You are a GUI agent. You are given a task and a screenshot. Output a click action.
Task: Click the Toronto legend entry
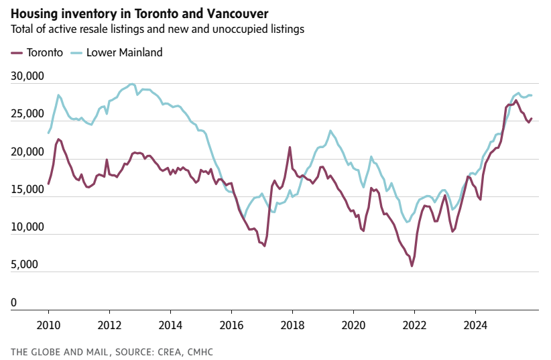click(44, 52)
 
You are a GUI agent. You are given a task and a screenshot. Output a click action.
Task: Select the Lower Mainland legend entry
click(124, 52)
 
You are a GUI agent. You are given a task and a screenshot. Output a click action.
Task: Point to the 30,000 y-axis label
click(27, 76)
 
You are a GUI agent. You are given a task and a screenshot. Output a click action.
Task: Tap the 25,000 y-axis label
click(27, 114)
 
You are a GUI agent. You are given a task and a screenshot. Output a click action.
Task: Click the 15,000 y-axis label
click(27, 190)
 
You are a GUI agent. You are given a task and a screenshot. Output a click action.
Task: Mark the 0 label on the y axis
click(14, 303)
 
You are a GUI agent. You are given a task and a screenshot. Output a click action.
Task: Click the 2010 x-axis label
click(48, 324)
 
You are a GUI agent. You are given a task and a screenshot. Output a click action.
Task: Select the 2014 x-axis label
click(170, 324)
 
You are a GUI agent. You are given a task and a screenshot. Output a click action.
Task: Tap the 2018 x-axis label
click(292, 324)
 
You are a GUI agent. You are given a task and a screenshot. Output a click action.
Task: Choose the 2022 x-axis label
click(414, 324)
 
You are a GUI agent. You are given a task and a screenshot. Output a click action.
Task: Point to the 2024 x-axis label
click(475, 324)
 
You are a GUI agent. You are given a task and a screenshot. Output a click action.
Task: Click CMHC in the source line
click(199, 351)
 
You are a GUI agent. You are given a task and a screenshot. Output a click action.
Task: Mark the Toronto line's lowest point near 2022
click(412, 266)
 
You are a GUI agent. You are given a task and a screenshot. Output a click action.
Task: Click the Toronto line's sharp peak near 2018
click(290, 147)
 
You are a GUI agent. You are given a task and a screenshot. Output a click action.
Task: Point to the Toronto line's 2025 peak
click(515, 101)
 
